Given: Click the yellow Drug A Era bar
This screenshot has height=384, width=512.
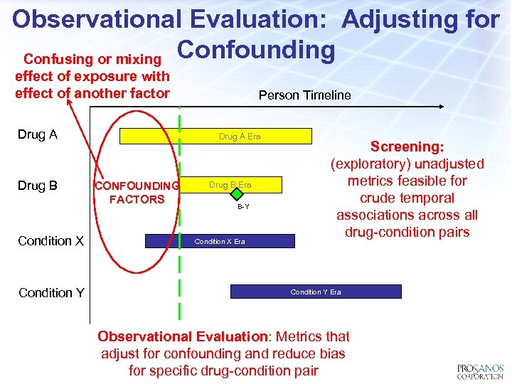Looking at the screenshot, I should click(215, 136).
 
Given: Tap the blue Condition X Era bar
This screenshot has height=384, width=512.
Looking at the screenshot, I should click(220, 241).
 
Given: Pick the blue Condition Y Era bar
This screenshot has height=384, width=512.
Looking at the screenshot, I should click(316, 292).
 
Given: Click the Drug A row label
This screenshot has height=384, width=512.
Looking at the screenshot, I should click(38, 135).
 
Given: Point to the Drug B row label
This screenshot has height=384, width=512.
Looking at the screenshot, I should click(38, 186).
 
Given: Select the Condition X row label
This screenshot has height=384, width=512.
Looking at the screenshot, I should click(51, 241).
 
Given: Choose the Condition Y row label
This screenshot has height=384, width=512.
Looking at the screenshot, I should click(51, 292).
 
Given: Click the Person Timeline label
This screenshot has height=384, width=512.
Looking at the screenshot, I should click(304, 95).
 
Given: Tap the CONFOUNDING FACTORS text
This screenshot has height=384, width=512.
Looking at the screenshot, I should click(137, 193).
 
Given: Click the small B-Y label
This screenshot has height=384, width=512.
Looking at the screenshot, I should click(243, 207).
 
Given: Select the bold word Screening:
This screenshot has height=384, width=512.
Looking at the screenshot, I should click(407, 146).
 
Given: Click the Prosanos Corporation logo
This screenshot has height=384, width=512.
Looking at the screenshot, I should click(480, 370).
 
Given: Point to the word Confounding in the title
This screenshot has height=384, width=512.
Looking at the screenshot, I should click(255, 50).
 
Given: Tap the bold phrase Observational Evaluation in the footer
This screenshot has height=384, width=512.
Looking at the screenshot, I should click(181, 336).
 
